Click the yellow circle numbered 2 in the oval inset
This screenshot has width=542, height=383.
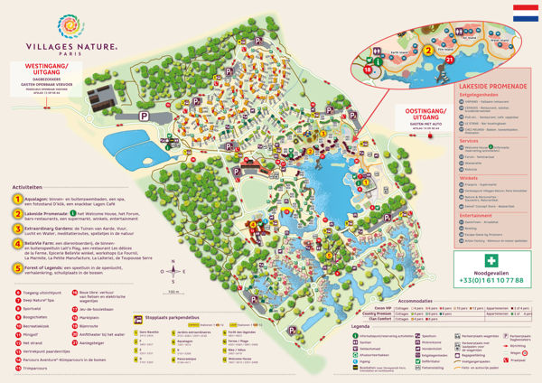click(x=431, y=51)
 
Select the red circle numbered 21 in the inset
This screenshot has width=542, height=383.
click(x=451, y=59)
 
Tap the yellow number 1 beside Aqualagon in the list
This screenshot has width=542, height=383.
click(x=18, y=199)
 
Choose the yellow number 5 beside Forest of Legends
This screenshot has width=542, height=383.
click(x=18, y=268)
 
